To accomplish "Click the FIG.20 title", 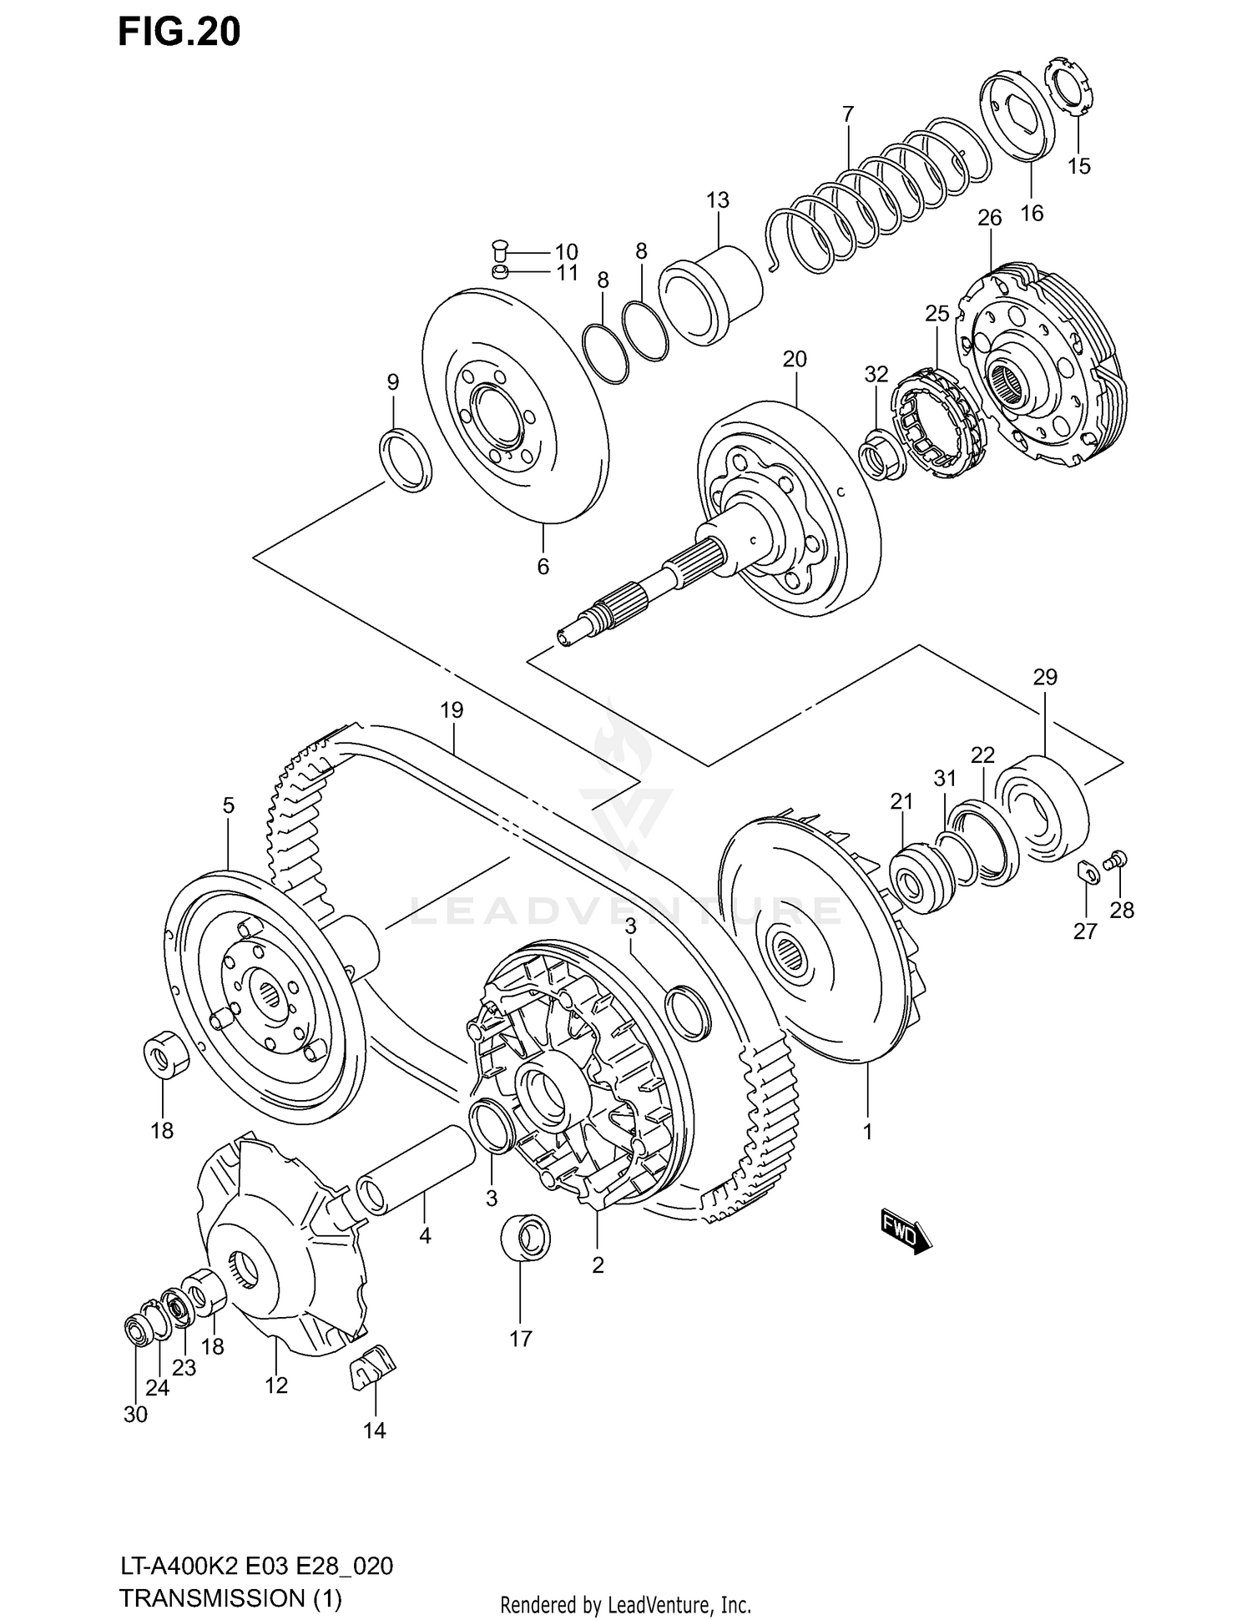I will [x=179, y=32].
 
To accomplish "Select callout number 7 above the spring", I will [x=848, y=114].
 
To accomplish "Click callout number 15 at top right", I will [x=1079, y=166].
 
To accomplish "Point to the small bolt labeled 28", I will [x=1117, y=860].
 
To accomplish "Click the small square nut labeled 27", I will [x=1087, y=870].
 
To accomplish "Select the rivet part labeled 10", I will [x=500, y=248].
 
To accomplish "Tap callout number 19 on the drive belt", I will [x=452, y=711].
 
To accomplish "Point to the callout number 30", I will [x=135, y=1415].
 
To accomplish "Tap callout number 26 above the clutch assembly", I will [x=989, y=219].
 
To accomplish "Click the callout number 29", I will [x=1045, y=678].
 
